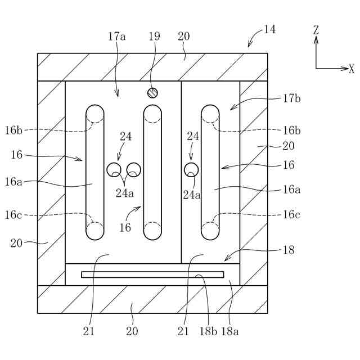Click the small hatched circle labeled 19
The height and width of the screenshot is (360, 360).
tap(152, 92)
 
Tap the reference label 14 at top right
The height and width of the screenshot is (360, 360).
tap(269, 30)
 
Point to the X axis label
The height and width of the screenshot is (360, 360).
tap(352, 69)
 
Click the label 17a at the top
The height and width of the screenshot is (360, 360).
tap(116, 37)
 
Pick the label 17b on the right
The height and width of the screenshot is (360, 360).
tap(291, 99)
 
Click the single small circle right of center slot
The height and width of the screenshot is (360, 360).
tap(191, 169)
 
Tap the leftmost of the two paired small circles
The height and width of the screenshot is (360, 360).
tap(114, 169)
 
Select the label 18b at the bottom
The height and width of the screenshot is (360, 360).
tap(206, 331)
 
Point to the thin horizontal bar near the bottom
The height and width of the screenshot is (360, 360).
tap(152, 274)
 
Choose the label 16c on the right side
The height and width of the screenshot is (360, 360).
tap(291, 214)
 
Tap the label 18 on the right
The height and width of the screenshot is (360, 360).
tap(289, 250)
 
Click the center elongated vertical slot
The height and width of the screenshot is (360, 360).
tap(152, 172)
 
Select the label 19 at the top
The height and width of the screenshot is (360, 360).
tap(154, 37)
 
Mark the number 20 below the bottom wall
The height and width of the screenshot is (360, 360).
tap(132, 331)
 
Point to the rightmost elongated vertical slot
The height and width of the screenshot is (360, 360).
tap(210, 172)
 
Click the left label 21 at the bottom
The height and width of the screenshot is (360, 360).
tap(89, 331)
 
